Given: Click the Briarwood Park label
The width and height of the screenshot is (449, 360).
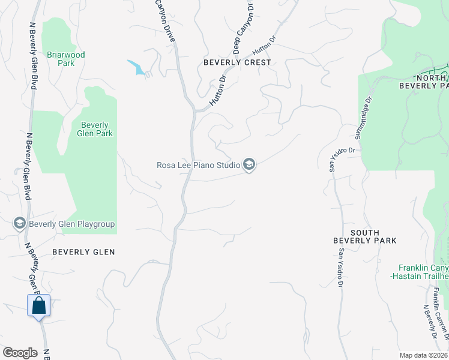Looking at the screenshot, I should click(x=66, y=59).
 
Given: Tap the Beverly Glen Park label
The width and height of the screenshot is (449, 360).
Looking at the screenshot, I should click(x=96, y=129).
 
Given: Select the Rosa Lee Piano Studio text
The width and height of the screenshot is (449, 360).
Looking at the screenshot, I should click(x=197, y=164).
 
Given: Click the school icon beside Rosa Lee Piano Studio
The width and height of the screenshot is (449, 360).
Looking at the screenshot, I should click(x=249, y=164).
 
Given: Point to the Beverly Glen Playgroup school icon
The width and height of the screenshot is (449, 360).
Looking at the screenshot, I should click(x=19, y=224).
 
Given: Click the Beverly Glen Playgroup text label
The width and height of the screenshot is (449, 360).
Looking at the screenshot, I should click(x=71, y=224).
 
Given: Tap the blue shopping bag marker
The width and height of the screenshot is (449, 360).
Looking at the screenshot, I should click(x=39, y=305).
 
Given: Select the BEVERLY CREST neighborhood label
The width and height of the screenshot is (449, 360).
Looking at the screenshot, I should click(x=237, y=62).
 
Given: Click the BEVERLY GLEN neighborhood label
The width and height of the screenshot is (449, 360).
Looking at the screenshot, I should click(x=83, y=252).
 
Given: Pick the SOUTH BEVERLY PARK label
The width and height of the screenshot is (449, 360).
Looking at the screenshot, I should click(x=365, y=236).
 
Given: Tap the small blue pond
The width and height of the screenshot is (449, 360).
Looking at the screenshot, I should click(x=138, y=68).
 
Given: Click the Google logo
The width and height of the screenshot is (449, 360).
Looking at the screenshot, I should click(x=20, y=353).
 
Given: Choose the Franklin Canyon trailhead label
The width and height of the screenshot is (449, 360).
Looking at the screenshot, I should click(x=424, y=271).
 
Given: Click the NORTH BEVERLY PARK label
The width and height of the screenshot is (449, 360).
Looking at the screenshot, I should click(x=424, y=82).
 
